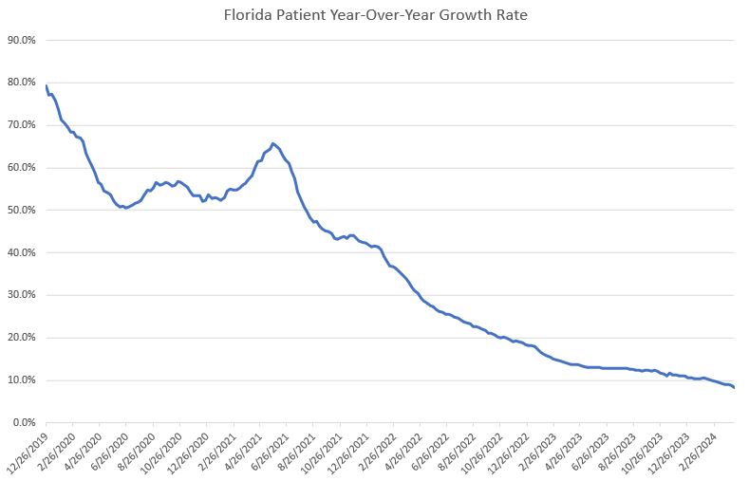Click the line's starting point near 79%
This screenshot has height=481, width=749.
[x=47, y=86]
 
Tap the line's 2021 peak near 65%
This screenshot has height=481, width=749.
[x=272, y=143]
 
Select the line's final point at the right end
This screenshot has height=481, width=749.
[x=734, y=387]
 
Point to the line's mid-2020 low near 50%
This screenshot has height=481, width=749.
[x=125, y=208]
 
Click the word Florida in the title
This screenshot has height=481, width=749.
[x=245, y=14]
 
